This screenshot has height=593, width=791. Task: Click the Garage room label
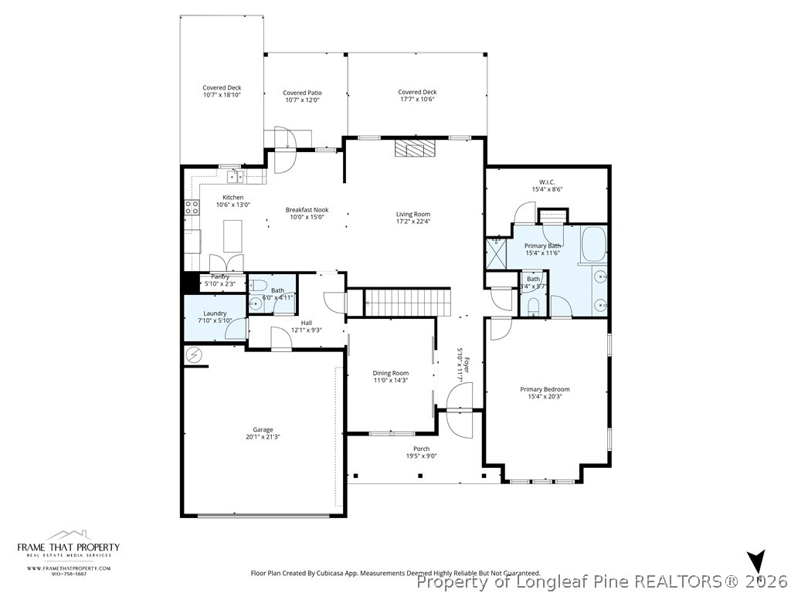263,429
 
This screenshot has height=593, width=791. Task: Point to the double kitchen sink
234,177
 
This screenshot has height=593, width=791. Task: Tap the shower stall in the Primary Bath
495,252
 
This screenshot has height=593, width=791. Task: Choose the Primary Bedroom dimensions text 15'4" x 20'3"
545,397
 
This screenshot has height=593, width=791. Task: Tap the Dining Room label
390,373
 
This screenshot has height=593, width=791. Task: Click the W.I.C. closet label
547,182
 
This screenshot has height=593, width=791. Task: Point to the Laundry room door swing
235,330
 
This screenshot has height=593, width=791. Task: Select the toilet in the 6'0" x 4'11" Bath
260,283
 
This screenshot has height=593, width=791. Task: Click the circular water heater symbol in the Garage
193,355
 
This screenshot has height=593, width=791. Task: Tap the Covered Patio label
301,93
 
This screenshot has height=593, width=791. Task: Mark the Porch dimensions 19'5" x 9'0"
421,456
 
